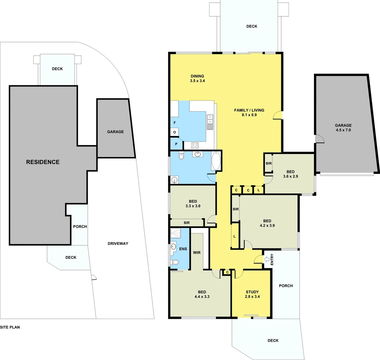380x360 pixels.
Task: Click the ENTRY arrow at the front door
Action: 267,259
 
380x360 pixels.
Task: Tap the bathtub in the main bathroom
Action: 216,161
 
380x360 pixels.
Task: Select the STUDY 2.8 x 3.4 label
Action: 252,294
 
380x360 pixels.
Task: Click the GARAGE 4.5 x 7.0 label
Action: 343,128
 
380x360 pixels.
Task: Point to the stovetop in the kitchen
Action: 195,145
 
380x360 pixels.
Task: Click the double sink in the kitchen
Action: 210,122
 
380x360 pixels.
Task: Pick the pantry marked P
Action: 176,144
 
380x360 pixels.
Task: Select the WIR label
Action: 197,253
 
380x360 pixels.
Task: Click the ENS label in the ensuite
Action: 183,249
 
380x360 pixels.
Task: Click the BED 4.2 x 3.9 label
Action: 267,223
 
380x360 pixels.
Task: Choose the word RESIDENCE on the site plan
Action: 43,162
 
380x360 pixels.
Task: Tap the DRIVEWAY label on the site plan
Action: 118,244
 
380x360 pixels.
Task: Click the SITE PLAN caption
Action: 10,327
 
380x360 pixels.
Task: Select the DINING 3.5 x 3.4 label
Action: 197,78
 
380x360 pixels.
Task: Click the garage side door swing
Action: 319,139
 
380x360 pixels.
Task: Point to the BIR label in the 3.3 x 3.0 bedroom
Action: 186,223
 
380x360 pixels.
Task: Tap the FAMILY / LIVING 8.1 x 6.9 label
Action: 249,112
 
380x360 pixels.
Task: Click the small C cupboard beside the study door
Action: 227,272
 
